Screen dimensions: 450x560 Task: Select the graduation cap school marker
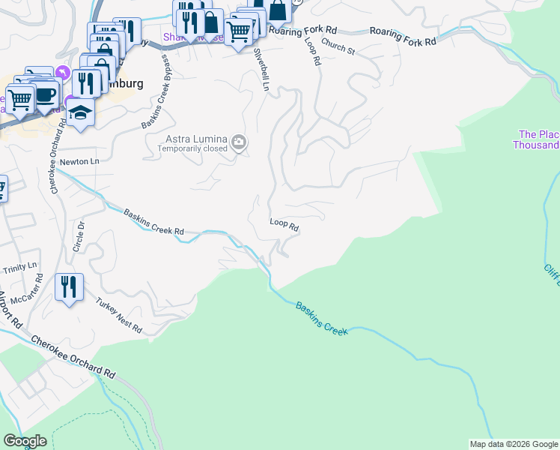[x=79, y=113]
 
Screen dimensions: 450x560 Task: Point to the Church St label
[x=339, y=47]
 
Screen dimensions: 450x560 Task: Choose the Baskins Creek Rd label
[x=153, y=222]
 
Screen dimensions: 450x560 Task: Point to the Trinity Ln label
[x=19, y=267]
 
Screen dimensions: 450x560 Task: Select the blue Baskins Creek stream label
[x=321, y=318]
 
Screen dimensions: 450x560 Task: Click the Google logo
[x=25, y=441]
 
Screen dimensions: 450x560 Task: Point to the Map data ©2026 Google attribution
[x=513, y=444]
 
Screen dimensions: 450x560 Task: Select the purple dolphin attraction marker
[x=63, y=73]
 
